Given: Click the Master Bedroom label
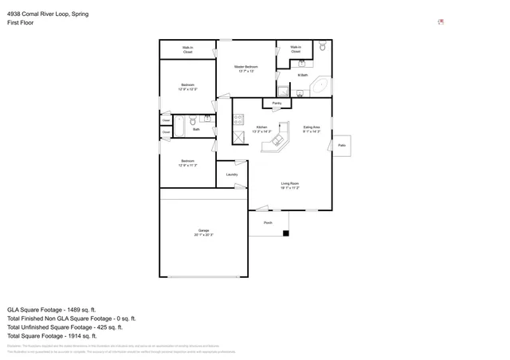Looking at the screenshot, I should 245,68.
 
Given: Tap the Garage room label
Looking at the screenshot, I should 203,233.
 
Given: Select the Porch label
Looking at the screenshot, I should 268,223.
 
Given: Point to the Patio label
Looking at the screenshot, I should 341,146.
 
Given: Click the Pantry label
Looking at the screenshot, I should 277,104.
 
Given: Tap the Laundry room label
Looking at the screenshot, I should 232,174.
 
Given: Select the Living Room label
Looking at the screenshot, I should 289,186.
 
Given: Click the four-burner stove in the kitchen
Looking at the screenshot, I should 237,119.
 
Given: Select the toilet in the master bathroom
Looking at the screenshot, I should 322,48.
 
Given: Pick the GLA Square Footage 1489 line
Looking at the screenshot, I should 52,309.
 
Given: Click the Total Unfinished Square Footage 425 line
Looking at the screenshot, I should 65,327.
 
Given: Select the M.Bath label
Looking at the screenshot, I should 303,76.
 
